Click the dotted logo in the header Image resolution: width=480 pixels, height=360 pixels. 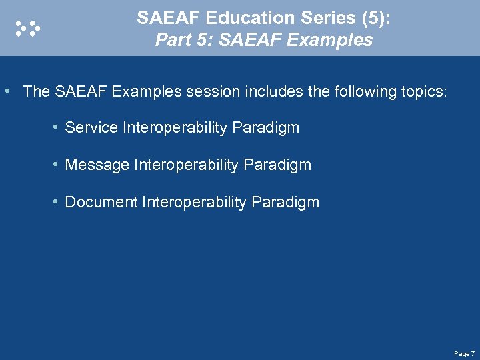(28, 27)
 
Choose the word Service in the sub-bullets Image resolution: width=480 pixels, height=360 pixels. (91, 127)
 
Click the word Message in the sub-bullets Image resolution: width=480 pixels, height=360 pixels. (97, 165)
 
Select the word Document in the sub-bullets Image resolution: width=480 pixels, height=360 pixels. (101, 202)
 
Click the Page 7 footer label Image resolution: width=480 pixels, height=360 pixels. (463, 353)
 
